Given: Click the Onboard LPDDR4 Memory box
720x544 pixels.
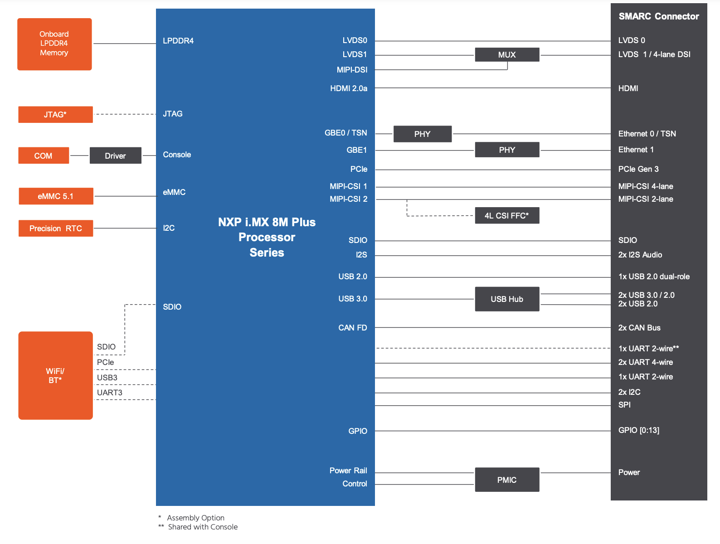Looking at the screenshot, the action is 54,44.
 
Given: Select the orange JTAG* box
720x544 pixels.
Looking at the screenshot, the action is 55,114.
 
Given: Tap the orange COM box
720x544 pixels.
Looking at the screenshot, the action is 44,155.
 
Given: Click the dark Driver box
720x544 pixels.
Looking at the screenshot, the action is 116,155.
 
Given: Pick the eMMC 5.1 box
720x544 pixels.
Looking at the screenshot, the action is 56,196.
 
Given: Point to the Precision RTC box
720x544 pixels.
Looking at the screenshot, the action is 56,228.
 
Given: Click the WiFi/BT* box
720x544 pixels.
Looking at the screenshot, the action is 55,375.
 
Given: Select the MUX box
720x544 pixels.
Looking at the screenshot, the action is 507,54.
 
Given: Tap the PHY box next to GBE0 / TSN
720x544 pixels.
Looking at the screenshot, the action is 423,134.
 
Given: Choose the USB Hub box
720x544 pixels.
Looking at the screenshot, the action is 507,299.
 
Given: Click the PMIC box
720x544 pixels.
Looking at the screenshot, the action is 507,480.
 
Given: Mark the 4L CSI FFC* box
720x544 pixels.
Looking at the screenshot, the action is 507,215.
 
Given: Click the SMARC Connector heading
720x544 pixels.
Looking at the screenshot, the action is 659,16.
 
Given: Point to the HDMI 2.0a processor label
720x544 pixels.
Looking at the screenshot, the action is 349,88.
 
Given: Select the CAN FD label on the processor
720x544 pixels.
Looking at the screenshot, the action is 353,328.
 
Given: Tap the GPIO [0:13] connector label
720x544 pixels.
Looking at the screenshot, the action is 639,430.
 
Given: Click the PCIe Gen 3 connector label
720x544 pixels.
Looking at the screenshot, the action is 638,169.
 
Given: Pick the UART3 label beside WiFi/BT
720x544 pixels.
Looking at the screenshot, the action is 110,393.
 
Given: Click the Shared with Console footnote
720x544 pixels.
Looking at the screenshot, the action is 203,527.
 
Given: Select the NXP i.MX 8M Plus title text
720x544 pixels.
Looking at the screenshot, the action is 267,222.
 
